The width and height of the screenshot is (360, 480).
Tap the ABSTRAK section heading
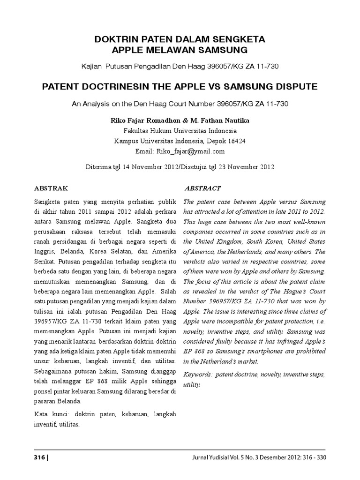coord(52,188)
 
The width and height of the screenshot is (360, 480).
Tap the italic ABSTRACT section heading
coord(202,188)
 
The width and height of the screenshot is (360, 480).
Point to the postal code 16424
coord(236,141)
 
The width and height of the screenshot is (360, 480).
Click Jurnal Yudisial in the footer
coord(212,457)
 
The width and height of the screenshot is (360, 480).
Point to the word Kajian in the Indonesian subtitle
coord(91,67)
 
